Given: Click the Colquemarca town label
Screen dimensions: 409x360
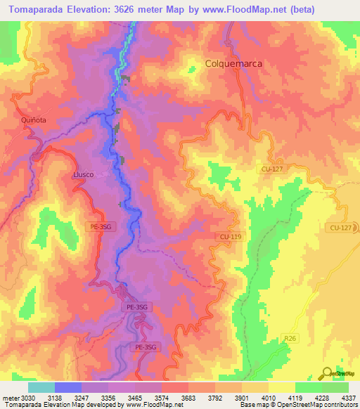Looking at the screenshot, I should [233, 63].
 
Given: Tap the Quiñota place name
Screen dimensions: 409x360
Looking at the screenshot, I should [33, 120].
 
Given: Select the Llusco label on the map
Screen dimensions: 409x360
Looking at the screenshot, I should [83, 174].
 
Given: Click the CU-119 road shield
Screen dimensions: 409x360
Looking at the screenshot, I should [230, 237].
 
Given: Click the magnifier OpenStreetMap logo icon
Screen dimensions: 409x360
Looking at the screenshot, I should [328, 372].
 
